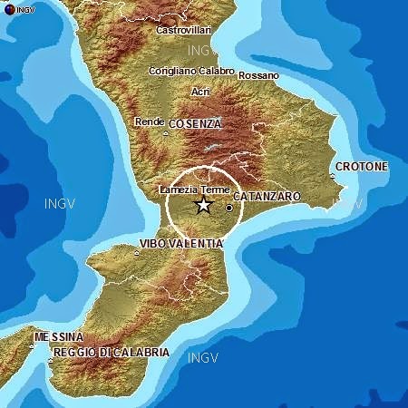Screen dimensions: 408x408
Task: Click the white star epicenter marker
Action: pos(203,205)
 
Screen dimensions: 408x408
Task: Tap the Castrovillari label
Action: pos(178,30)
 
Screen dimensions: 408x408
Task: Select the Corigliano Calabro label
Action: pos(191,71)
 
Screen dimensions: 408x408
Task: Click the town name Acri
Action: pos(200,92)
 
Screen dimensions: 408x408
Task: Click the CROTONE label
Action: pos(361,167)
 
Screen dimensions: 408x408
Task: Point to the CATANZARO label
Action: pos(267,196)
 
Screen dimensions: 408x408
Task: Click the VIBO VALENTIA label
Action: pos(180,243)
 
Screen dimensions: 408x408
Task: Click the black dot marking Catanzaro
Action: pos(229,208)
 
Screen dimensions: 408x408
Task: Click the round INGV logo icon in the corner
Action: pos(9,10)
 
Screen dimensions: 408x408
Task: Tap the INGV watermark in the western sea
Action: pos(60,204)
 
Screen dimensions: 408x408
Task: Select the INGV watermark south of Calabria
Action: pos(203,358)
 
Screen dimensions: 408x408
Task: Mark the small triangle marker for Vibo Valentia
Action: pos(137,252)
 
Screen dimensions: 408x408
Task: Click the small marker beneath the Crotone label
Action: pos(332,175)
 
